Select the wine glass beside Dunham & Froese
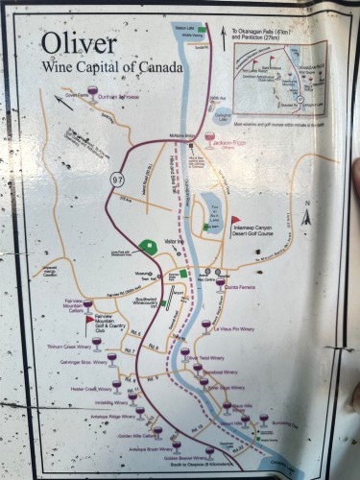click(92, 92)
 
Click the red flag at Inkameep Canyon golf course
click(234, 220)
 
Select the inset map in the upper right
click(278, 77)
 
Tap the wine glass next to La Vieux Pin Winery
click(205, 326)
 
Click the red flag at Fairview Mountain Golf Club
click(89, 321)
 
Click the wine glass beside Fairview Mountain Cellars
click(87, 305)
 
